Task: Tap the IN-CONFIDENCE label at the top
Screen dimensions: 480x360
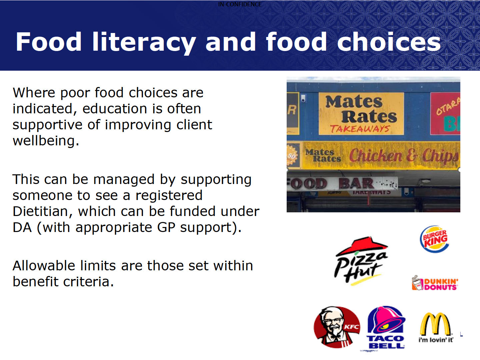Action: (240, 4)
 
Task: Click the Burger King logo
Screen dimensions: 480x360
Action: (434, 239)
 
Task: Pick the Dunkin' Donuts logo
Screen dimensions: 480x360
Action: (435, 283)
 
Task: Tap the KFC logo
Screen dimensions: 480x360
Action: (337, 327)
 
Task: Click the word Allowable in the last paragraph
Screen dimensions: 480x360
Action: (44, 266)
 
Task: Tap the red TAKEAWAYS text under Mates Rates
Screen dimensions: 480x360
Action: (360, 129)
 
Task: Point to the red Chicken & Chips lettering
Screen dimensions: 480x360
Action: (404, 156)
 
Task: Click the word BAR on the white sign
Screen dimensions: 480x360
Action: (356, 183)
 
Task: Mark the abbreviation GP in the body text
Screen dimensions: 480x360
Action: (166, 228)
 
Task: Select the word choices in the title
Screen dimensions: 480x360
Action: (389, 42)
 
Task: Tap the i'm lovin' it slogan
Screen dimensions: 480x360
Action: (436, 340)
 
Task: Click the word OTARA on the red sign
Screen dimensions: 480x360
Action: (448, 106)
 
